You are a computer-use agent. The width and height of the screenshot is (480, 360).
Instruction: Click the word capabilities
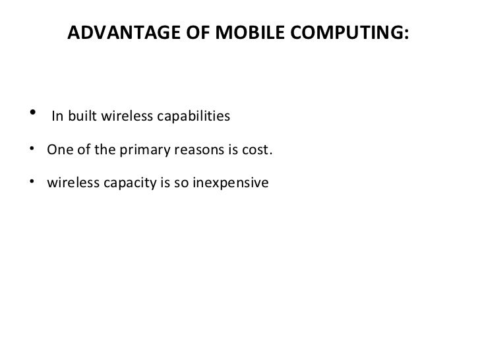(x=192, y=118)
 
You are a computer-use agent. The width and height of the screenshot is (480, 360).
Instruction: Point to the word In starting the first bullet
(x=57, y=118)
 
